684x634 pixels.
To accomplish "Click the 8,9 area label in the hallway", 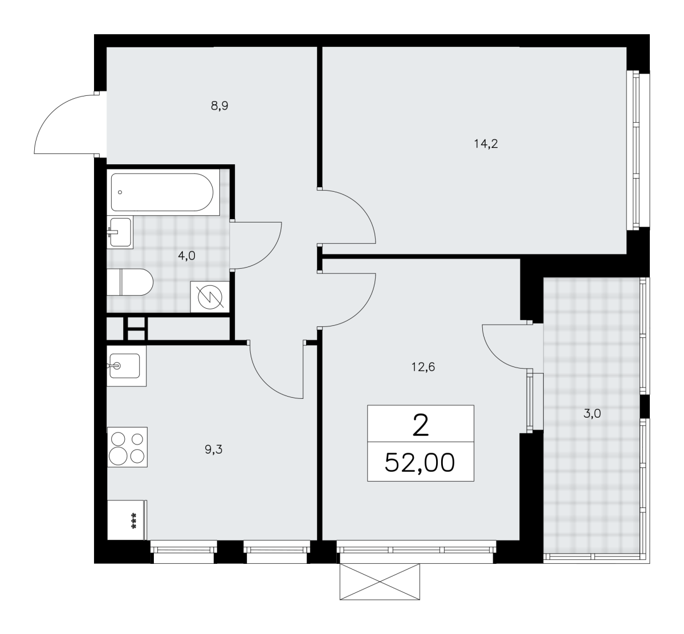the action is coord(219,106).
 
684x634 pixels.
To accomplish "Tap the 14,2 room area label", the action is coord(486,143).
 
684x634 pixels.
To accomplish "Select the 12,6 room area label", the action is coord(423,367).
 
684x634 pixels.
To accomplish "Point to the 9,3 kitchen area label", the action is coord(214,450).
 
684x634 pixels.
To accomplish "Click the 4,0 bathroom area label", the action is coord(186,256).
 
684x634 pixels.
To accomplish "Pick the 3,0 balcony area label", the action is coord(592,413).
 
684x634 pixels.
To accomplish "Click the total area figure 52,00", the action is coord(420,463).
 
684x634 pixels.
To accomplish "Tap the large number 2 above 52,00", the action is coord(421,425).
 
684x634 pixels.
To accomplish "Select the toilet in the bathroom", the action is coord(130,282).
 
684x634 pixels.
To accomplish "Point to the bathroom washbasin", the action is coord(120,232).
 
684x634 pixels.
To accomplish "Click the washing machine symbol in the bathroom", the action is coord(210,297).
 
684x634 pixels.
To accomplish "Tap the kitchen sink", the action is coord(127,366).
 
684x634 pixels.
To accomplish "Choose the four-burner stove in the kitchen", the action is coord(127,447).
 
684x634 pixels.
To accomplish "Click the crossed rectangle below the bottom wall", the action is coord(380,581).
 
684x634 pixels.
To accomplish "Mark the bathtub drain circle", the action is coord(120,192).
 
